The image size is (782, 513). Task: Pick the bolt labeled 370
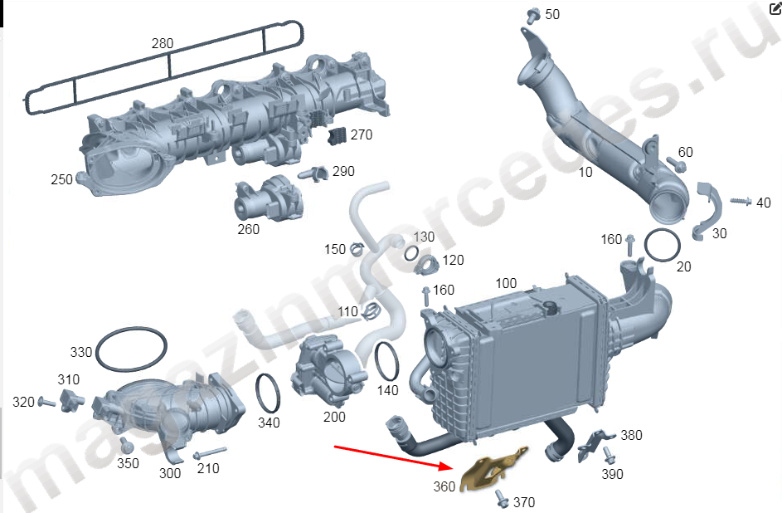tap(501, 498)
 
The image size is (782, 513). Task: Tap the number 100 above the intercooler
tap(505, 283)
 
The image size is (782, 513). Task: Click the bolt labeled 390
tap(610, 456)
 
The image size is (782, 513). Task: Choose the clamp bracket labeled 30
tap(706, 208)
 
